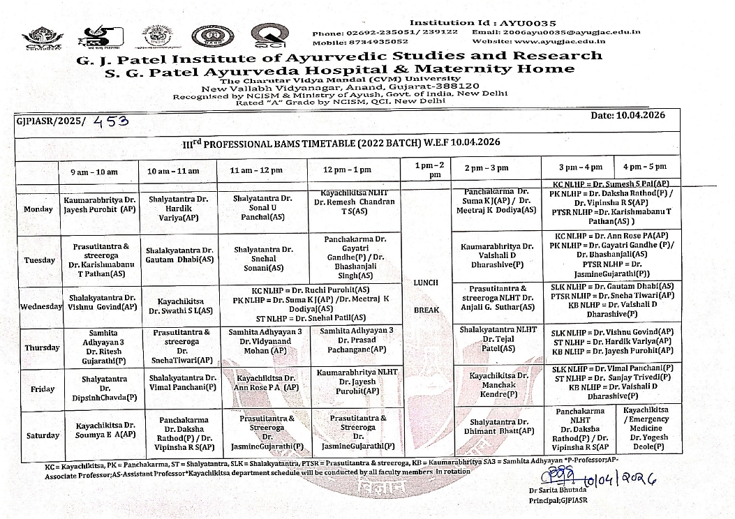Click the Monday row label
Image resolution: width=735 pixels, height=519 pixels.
[37, 209]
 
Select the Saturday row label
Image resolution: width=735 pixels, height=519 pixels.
[42, 435]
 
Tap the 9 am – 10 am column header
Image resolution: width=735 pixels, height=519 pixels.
[94, 172]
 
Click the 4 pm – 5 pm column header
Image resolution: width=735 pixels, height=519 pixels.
[645, 167]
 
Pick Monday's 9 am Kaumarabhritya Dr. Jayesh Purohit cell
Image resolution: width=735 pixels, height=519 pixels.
[99, 204]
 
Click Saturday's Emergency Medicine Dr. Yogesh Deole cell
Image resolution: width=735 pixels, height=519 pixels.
[645, 430]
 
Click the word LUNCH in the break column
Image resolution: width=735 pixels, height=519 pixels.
[426, 283]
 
